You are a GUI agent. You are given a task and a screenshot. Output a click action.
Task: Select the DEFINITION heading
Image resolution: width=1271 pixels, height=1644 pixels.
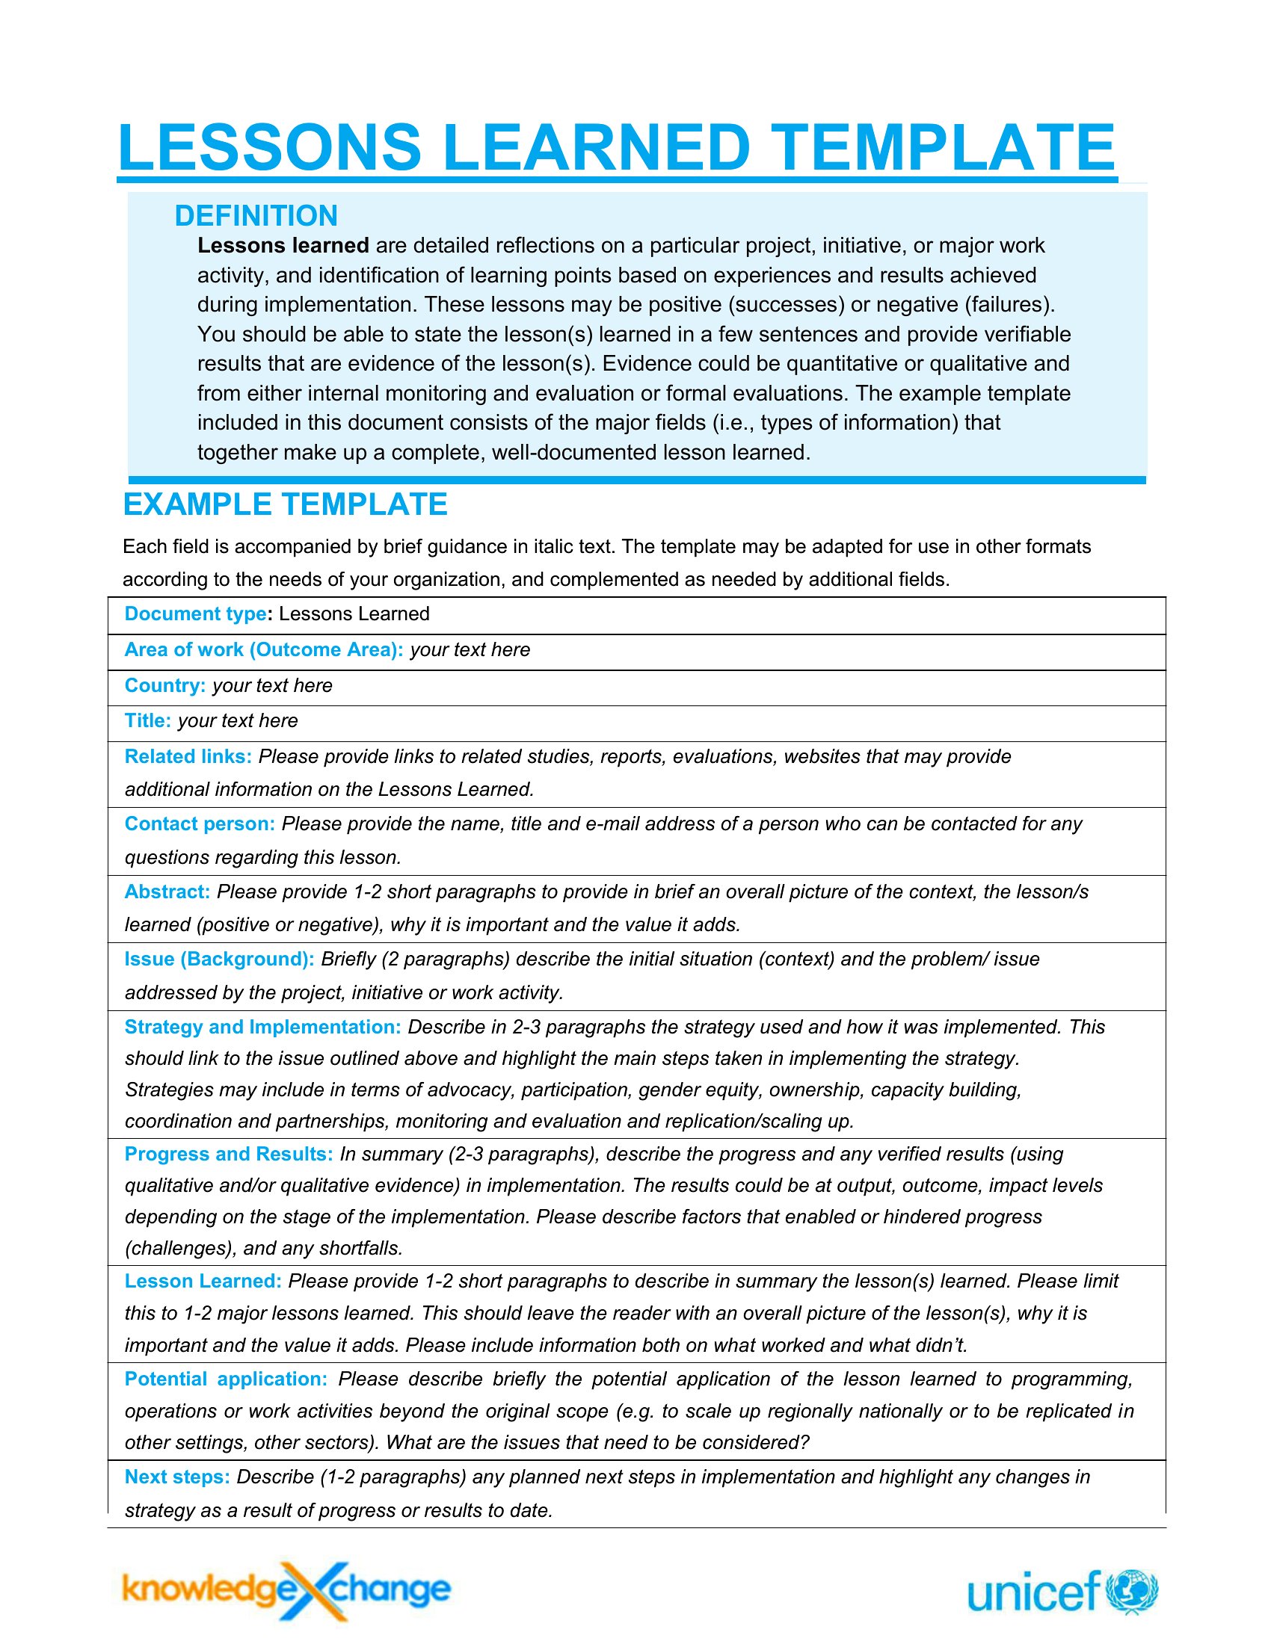tap(256, 216)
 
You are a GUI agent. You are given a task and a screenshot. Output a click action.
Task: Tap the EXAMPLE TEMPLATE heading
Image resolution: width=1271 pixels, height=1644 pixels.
tap(285, 504)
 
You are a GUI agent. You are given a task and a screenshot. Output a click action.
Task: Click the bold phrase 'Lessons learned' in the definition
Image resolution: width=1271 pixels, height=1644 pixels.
tap(283, 245)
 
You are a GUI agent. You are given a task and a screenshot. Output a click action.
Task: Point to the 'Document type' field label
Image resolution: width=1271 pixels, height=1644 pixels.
tap(195, 614)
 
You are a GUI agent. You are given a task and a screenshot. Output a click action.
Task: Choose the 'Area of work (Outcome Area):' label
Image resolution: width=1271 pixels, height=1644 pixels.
tap(263, 649)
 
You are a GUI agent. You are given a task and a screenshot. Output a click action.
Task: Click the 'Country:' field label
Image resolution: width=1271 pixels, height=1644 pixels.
tap(165, 686)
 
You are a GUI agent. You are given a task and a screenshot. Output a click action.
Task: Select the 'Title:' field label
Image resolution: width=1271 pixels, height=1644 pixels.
tap(147, 720)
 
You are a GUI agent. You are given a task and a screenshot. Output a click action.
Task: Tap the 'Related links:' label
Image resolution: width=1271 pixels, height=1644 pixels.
tap(188, 756)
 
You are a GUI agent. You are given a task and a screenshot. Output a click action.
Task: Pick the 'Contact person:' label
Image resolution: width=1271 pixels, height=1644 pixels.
tap(200, 823)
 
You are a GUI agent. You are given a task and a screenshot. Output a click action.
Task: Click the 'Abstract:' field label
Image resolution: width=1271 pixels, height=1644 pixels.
tap(167, 892)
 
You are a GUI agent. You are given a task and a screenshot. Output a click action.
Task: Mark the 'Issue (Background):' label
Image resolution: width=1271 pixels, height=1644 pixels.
tap(219, 959)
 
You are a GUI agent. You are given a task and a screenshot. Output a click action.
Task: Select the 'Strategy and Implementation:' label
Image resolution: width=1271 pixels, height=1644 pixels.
tap(262, 1027)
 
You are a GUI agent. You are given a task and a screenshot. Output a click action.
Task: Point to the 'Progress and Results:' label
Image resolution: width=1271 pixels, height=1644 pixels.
tap(229, 1154)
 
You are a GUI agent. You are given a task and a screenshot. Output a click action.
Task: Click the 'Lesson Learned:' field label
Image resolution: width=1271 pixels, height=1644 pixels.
tap(203, 1281)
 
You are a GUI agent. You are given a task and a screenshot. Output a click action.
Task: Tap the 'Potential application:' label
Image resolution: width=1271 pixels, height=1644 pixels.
tap(226, 1379)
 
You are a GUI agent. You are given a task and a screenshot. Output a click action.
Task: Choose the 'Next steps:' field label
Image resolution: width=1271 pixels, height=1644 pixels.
tap(177, 1477)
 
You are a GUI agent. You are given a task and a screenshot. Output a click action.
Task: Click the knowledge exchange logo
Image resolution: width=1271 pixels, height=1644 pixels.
tap(286, 1589)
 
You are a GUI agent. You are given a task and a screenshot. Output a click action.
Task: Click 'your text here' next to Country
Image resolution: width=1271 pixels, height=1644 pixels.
tap(272, 686)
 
